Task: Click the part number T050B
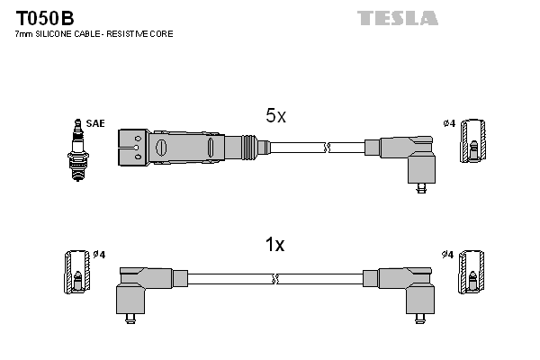tap(44, 17)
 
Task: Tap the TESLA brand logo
tap(397, 17)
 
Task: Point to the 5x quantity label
tap(275, 116)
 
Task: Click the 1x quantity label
tap(275, 245)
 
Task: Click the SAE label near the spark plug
tap(94, 123)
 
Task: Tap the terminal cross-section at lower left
tap(76, 271)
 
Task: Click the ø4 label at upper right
tap(449, 123)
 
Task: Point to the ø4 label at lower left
tap(99, 254)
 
